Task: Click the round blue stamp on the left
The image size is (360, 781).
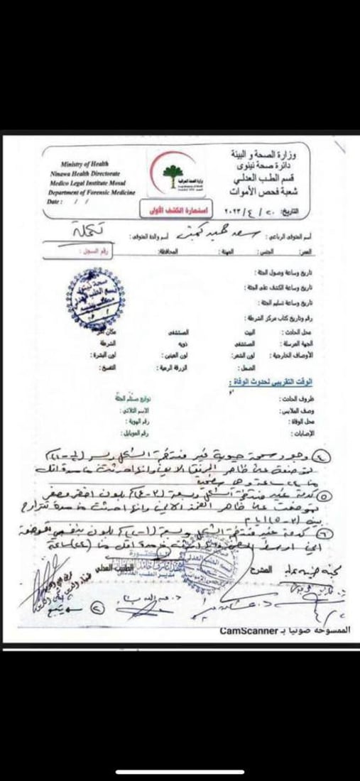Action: coord(93,301)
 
